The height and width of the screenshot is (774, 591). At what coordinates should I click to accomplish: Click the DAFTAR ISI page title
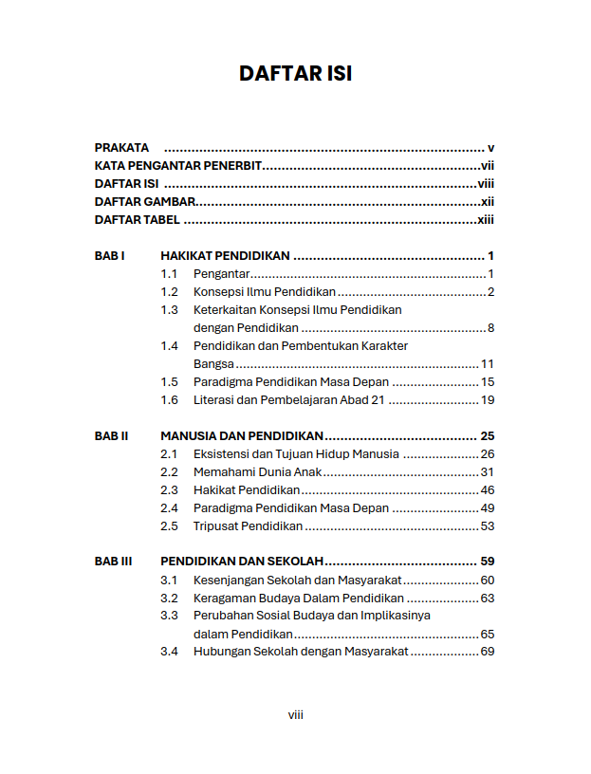point(295,74)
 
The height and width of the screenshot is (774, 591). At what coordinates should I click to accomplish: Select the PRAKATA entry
point(121,148)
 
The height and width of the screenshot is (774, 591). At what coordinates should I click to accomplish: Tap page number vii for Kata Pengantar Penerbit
point(488,166)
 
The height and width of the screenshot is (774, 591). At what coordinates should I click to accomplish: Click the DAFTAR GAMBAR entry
point(145,202)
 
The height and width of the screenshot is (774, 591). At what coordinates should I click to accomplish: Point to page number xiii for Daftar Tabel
point(486,220)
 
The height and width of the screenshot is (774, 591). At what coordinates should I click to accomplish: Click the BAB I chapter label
point(109,256)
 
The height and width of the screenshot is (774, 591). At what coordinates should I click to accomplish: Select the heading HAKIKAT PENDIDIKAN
point(225,256)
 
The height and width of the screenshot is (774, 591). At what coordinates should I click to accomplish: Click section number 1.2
point(169,292)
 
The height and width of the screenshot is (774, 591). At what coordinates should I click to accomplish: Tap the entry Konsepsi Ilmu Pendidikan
point(265,292)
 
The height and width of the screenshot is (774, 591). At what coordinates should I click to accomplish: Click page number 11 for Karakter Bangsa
point(488,364)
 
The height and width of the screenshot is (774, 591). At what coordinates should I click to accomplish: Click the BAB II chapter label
point(111,436)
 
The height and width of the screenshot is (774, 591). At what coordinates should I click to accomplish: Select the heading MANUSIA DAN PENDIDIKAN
point(242,436)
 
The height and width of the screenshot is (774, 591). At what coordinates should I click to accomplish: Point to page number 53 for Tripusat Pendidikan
point(488,526)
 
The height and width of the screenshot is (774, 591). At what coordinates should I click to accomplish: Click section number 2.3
point(169,490)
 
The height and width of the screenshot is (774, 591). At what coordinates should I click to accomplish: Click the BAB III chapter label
point(113,562)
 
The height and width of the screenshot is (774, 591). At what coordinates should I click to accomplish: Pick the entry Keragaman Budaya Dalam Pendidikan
point(299,599)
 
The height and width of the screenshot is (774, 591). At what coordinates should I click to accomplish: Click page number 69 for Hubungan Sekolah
point(488,653)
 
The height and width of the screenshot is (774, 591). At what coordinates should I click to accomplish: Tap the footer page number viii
point(295,715)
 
